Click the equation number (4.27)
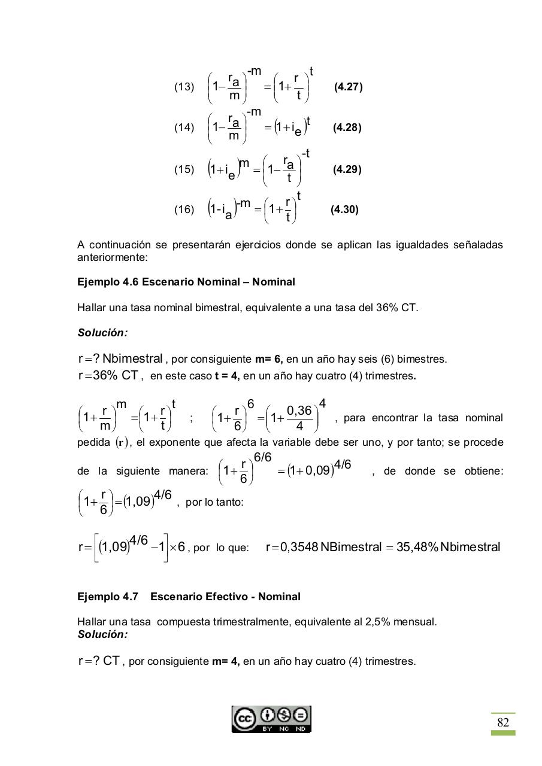tap(349, 87)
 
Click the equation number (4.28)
tap(347, 128)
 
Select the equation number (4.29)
tap(347, 169)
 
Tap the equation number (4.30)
tap(344, 210)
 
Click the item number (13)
tap(184, 87)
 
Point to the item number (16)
tap(184, 210)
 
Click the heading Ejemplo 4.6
tap(108, 282)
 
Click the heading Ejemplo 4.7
tap(108, 597)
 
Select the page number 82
tap(503, 723)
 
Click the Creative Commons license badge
tap(271, 719)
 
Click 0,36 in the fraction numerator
tap(299, 411)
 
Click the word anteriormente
tap(111, 258)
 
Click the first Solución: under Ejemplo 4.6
tap(102, 333)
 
